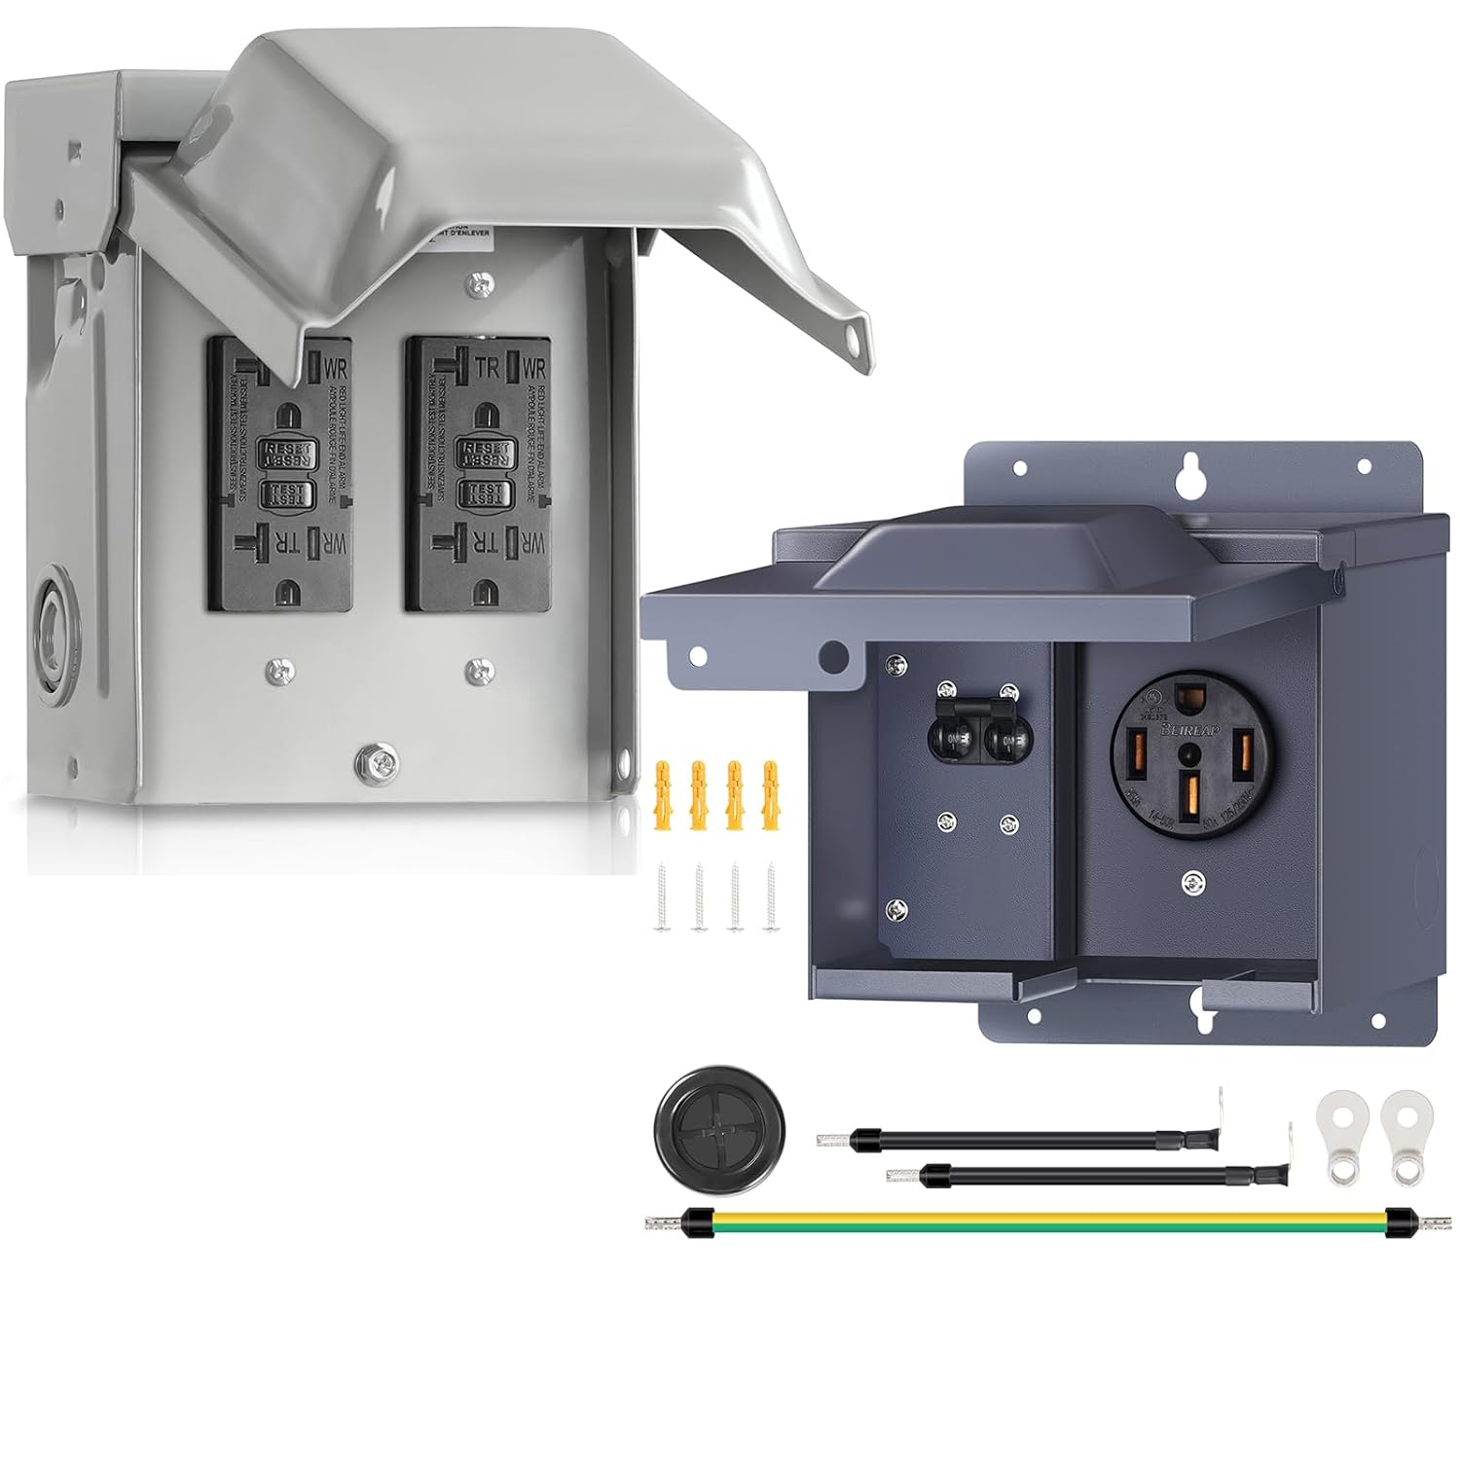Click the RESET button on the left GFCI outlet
point(282,450)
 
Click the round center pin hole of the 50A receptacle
point(1188,752)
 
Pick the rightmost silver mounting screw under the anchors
point(771,900)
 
